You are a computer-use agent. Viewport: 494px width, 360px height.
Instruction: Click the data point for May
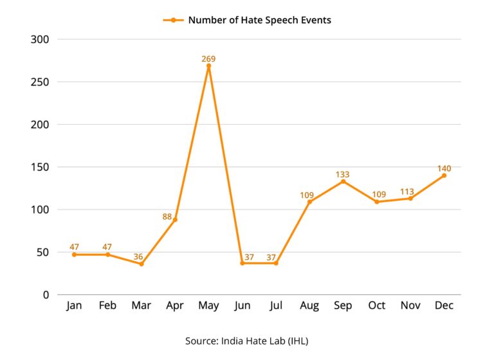click(208, 66)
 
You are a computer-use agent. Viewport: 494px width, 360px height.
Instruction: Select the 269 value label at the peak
click(208, 59)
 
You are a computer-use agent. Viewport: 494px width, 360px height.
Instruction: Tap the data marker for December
click(444, 175)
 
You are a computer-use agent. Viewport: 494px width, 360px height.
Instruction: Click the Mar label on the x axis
click(141, 306)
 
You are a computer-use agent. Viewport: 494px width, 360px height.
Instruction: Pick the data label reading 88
click(167, 217)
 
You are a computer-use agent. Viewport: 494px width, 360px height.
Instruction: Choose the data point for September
click(343, 181)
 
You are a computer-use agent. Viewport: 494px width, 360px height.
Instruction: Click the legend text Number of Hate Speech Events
click(259, 20)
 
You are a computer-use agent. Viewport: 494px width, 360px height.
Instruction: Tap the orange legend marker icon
click(173, 20)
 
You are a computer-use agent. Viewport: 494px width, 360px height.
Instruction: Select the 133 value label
click(343, 174)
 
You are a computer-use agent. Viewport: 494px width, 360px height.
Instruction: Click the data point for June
click(242, 263)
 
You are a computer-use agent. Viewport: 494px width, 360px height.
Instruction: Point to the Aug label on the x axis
click(309, 306)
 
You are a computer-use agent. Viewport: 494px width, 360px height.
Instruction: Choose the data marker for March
click(141, 264)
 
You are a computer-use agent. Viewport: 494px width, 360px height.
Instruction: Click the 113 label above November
click(410, 191)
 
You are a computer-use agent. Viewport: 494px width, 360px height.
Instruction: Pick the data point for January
click(74, 255)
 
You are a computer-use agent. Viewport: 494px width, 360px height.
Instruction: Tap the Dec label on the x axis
click(444, 306)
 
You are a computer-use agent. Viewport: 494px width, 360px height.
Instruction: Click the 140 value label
click(444, 168)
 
